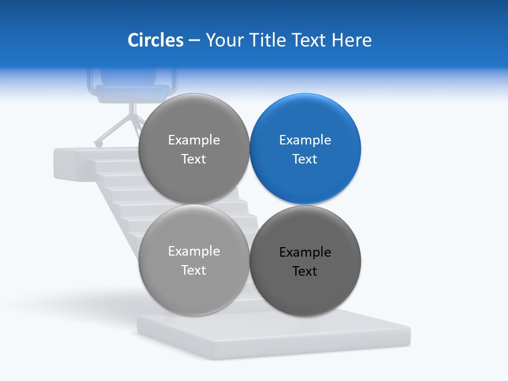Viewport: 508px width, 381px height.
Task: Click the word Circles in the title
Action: click(155, 40)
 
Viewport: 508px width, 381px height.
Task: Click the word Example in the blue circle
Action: click(305, 140)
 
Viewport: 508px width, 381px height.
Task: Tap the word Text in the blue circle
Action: click(305, 159)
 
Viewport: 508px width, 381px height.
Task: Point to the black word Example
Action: click(305, 252)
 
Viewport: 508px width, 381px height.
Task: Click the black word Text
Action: click(305, 271)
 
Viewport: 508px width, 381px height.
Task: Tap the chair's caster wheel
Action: click(98, 143)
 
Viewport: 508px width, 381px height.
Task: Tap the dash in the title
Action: click(194, 40)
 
